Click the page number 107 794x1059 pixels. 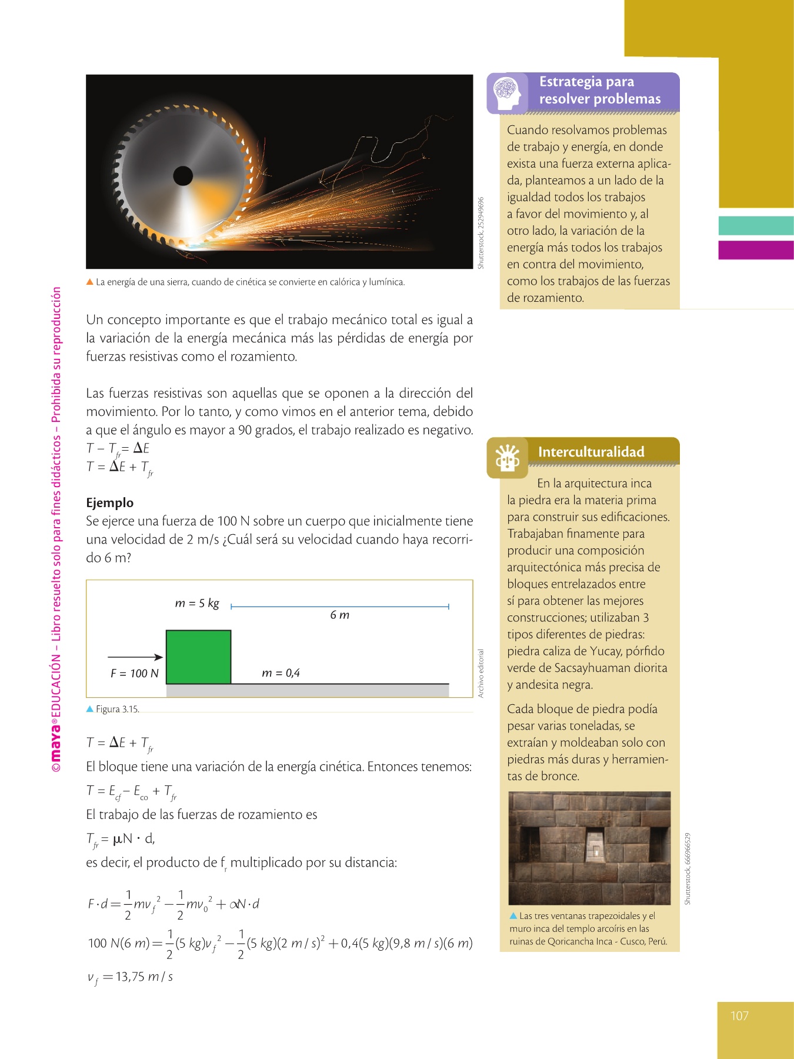click(739, 1015)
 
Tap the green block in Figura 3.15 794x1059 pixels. click(198, 657)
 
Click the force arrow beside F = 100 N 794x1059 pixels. click(135, 657)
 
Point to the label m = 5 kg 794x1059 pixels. click(197, 603)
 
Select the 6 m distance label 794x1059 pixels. click(339, 615)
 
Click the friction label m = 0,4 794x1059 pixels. click(281, 672)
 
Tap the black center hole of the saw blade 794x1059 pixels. click(183, 175)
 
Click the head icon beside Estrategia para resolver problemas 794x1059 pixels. click(507, 93)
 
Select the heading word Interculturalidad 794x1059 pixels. click(591, 452)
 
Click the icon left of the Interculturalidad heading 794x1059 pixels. click(507, 458)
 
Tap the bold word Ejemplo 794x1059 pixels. click(110, 502)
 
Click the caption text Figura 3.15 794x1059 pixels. click(117, 709)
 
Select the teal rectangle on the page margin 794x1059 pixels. click(756, 225)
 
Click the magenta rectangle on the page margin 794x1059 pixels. click(756, 249)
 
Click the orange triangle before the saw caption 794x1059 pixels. click(90, 282)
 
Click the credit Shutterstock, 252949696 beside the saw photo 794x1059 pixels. click(481, 233)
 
